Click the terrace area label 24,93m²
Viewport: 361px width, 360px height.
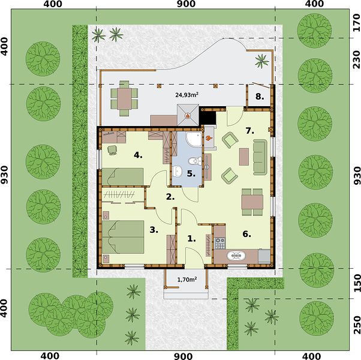187,95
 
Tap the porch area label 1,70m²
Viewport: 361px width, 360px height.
187,280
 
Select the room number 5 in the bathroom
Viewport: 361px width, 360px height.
191,173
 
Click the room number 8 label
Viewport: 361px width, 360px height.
260,97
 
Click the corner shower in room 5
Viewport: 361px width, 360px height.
194,140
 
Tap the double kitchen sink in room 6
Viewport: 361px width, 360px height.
236,256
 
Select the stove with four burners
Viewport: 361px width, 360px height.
220,243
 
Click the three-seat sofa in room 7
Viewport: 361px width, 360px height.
260,157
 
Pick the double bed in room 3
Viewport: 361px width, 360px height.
123,237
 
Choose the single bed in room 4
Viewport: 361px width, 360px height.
123,176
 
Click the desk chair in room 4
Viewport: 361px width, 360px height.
112,150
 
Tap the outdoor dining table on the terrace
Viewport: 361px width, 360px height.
124,99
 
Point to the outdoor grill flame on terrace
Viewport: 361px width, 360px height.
188,115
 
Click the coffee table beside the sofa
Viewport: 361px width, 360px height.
244,157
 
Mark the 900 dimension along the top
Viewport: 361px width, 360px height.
186,4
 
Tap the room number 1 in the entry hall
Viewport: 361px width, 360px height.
191,239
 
